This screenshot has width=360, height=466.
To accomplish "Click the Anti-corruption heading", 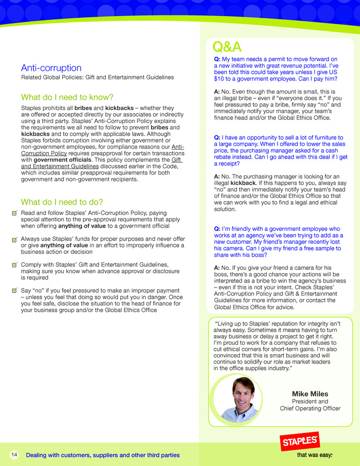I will coord(51,68).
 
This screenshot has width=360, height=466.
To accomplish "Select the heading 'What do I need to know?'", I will coord(67,98).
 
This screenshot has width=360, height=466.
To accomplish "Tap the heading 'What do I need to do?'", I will coord(62,202).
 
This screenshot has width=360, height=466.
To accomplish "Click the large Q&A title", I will coord(227,46).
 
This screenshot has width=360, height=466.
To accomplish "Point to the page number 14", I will coord(14,455).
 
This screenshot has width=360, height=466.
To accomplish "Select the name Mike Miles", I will coord(310,394).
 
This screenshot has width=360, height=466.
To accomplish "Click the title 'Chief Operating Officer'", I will coord(310,408).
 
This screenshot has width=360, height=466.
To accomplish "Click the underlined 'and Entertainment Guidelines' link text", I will coord(60,166).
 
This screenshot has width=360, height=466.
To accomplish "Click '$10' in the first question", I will coord(219,78).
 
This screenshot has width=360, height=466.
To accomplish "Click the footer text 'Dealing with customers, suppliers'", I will coord(103,455).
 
